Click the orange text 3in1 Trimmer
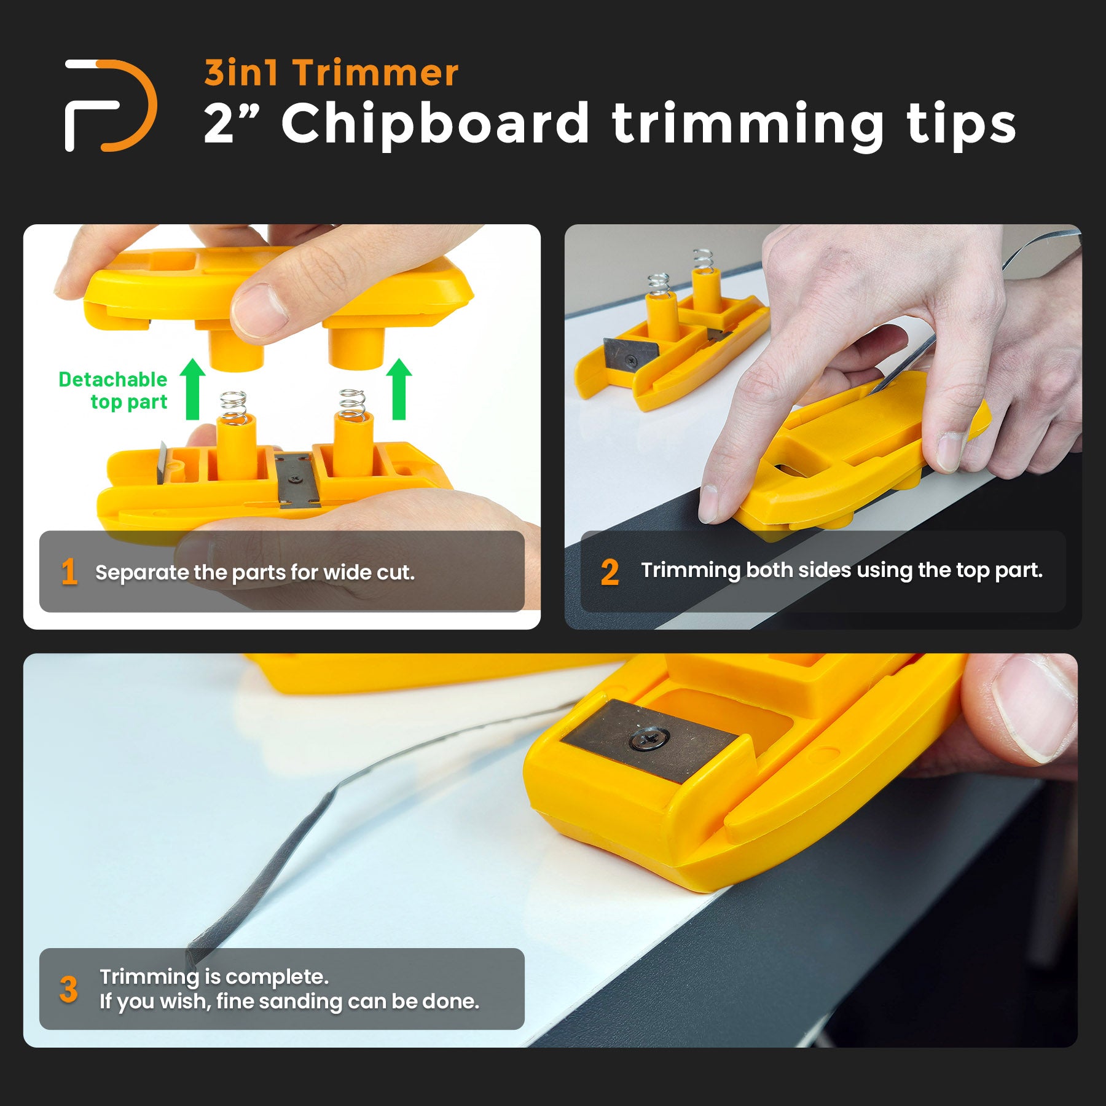pos(331,73)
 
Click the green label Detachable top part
pos(113,390)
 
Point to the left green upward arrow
pos(192,389)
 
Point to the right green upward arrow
pos(399,389)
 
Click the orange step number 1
pos(69,572)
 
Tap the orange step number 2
pos(610,572)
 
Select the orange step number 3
pos(69,989)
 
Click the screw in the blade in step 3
pos(649,736)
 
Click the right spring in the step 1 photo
pos(352,405)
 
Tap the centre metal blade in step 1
pos(299,480)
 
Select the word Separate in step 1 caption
pos(142,573)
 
